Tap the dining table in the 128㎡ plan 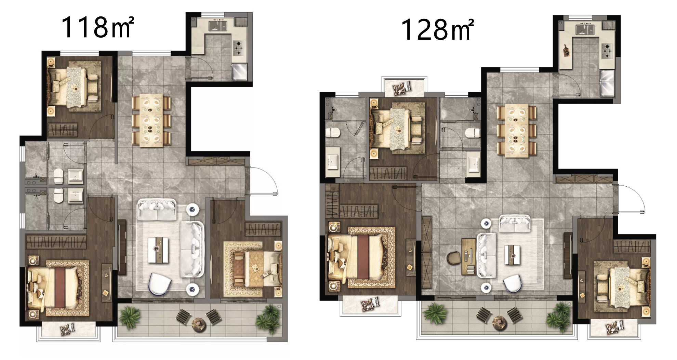click(517, 131)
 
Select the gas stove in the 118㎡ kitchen click(239, 48)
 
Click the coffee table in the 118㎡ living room click(158, 250)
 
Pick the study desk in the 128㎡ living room click(469, 256)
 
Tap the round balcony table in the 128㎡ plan click(499, 321)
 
